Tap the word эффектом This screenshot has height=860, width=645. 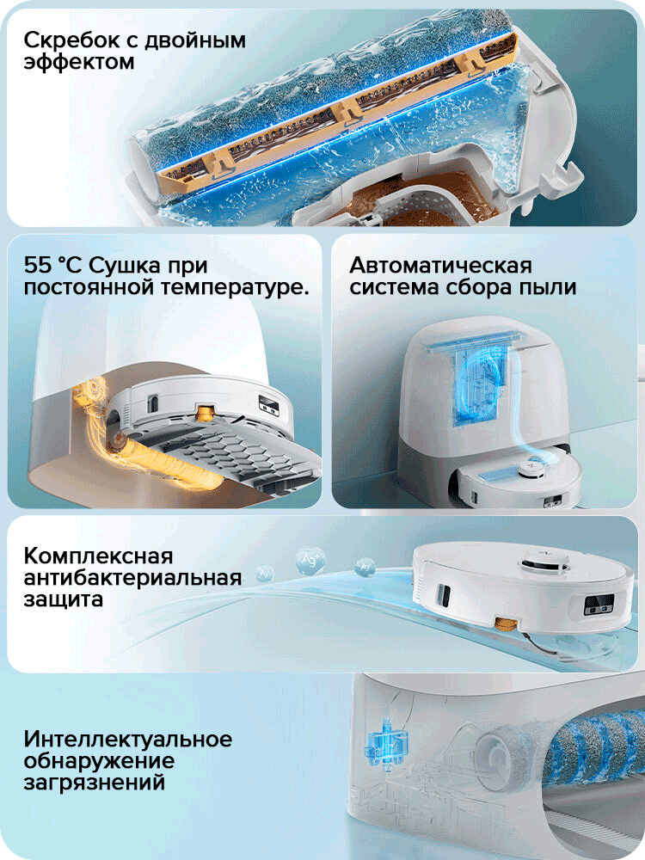tap(79, 63)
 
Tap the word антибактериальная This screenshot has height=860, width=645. tap(133, 576)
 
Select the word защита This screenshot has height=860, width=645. tap(64, 599)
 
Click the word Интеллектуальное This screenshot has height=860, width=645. tap(128, 739)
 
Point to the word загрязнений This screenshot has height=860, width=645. tap(95, 783)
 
